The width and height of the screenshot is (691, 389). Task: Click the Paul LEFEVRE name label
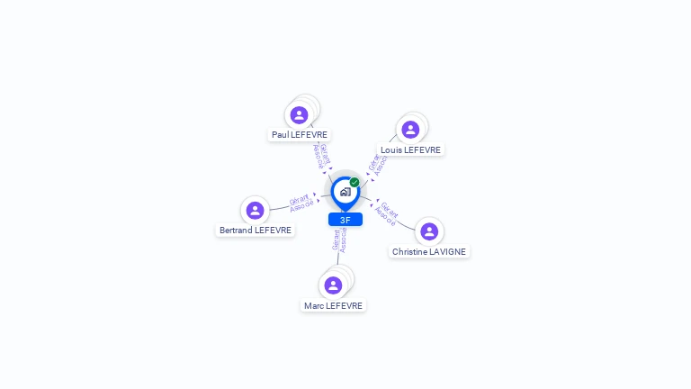coord(300,134)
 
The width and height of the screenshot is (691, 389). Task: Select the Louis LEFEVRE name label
coord(410,149)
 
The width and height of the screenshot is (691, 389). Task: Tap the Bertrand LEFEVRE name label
coord(256,230)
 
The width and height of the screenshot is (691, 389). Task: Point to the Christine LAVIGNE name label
coord(429,251)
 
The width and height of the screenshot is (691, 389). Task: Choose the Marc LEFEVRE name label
coord(333,305)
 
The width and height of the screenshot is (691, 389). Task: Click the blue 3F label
coord(345,220)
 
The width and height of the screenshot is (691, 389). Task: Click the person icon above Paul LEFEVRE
coord(300,114)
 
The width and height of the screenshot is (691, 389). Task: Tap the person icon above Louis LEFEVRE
coord(410,130)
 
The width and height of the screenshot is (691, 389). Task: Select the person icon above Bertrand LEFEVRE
coord(256,210)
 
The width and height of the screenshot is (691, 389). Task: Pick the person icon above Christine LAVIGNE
coord(429,231)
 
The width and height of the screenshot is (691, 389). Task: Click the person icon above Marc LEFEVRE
coord(333,285)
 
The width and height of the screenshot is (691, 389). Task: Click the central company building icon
coord(345,192)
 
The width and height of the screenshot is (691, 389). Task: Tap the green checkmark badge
coord(354,182)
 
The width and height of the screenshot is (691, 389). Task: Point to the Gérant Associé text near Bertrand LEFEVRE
coord(301,203)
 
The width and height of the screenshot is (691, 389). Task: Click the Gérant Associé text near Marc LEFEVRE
coord(339,240)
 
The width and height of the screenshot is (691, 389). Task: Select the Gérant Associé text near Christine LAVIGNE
coord(387,213)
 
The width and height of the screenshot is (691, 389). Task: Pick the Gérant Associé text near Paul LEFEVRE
coord(321,156)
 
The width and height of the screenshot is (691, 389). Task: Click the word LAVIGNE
coord(447,251)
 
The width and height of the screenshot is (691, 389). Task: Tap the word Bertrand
coord(236,230)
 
